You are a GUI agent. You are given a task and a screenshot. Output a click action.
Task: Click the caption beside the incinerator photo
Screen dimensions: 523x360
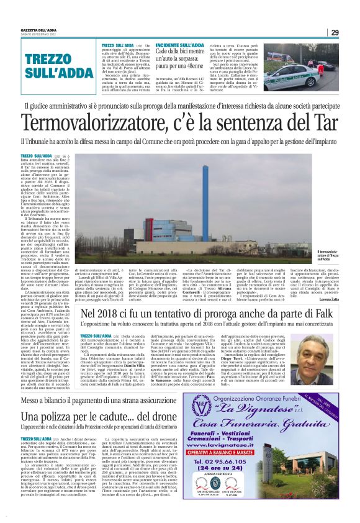pos(326,254)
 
